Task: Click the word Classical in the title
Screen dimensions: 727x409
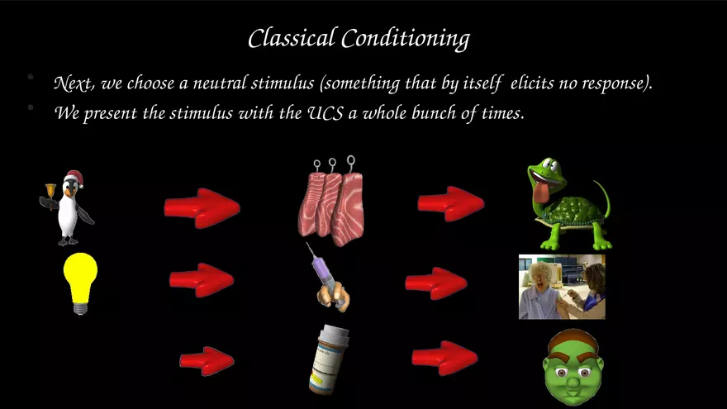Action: pos(291,38)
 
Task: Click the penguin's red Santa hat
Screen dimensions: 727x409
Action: pos(74,178)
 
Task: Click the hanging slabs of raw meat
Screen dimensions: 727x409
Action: pos(331,202)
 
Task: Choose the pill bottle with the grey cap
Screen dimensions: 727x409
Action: pos(329,359)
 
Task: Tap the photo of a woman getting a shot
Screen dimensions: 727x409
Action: pos(562,287)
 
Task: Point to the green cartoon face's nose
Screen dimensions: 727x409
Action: pos(573,382)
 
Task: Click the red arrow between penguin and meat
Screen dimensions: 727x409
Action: pos(202,208)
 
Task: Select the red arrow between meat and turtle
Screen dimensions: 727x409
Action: pos(451,203)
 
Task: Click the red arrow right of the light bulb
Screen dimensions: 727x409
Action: pos(202,280)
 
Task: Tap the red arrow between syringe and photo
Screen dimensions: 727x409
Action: pos(436,283)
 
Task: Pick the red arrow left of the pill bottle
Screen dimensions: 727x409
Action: pos(207,361)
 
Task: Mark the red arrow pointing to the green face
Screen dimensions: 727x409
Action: pos(444,358)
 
